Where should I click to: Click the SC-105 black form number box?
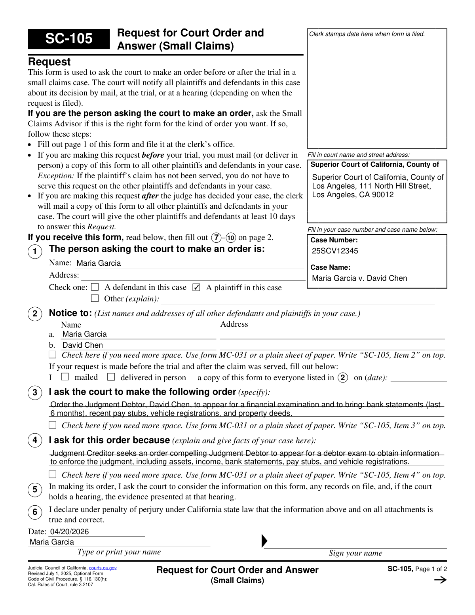pyautogui.click(x=68, y=39)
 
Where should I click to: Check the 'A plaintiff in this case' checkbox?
pyautogui.click(x=196, y=288)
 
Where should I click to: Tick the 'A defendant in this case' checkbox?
pyautogui.click(x=95, y=287)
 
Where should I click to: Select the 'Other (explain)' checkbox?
pyautogui.click(x=95, y=298)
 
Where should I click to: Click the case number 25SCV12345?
pyautogui.click(x=335, y=251)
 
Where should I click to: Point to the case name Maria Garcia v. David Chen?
pyautogui.click(x=359, y=278)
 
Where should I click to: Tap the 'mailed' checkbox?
pyautogui.click(x=65, y=377)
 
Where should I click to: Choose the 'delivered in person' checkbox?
pyautogui.click(x=111, y=377)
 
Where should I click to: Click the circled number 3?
pyautogui.click(x=35, y=392)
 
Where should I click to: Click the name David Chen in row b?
pyautogui.click(x=83, y=345)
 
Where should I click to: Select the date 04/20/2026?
pyautogui.click(x=69, y=531)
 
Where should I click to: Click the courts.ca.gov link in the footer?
pyautogui.click(x=103, y=568)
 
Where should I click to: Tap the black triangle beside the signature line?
pyautogui.click(x=264, y=541)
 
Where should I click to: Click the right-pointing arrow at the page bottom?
pyautogui.click(x=440, y=580)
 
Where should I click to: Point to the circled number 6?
pyautogui.click(x=35, y=512)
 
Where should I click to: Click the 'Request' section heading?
pyautogui.click(x=49, y=62)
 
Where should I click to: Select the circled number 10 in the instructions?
pyautogui.click(x=231, y=238)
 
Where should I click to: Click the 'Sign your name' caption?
pyautogui.click(x=355, y=553)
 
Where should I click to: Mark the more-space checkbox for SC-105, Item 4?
pyautogui.click(x=53, y=474)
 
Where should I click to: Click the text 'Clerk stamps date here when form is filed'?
pyautogui.click(x=367, y=34)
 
